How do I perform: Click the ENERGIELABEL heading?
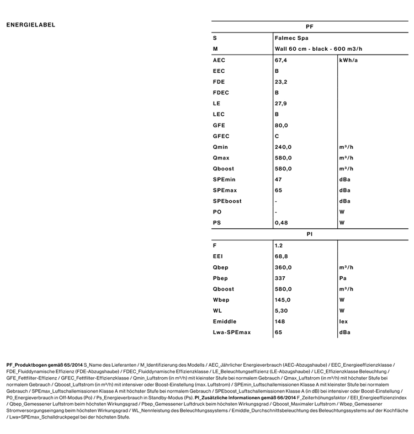click(x=31, y=25)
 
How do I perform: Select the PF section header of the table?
click(x=309, y=27)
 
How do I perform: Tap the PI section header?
click(x=309, y=234)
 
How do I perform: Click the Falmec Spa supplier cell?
click(x=291, y=38)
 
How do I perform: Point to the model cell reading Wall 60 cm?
click(x=319, y=49)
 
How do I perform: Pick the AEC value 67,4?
click(x=281, y=60)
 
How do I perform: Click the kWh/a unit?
click(x=348, y=60)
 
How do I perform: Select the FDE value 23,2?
click(x=281, y=82)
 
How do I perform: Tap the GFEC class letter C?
click(x=277, y=136)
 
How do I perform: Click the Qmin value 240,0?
click(x=283, y=147)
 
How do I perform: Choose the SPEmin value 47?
click(x=279, y=180)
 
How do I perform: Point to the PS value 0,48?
click(x=281, y=223)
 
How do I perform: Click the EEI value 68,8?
click(x=281, y=256)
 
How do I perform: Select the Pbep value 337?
click(x=280, y=278)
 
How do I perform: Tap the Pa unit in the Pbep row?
click(x=343, y=278)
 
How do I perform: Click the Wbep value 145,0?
click(x=283, y=300)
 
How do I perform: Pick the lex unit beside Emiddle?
click(x=344, y=322)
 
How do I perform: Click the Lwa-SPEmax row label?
click(x=232, y=333)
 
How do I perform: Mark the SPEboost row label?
click(x=227, y=201)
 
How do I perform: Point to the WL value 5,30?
click(x=281, y=310)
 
